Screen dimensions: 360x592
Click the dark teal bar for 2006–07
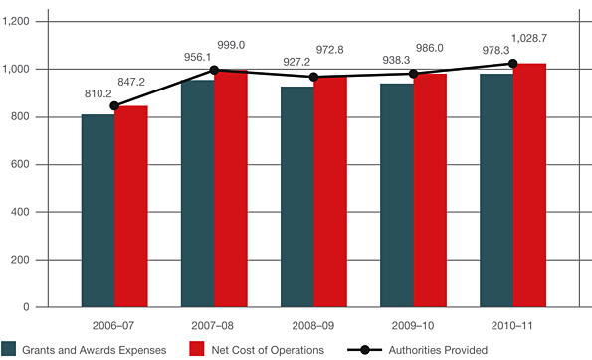point(98,211)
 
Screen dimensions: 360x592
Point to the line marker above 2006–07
point(114,105)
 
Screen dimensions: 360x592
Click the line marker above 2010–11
point(512,64)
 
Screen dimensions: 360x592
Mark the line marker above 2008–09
point(313,77)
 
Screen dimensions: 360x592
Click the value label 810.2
point(98,93)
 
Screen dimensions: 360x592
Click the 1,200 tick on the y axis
point(20,21)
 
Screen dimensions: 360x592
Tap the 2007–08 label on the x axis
point(214,325)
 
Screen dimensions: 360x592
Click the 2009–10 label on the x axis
point(413,325)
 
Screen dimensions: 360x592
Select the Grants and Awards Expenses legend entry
point(89,349)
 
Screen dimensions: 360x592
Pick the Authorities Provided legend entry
point(417,349)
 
